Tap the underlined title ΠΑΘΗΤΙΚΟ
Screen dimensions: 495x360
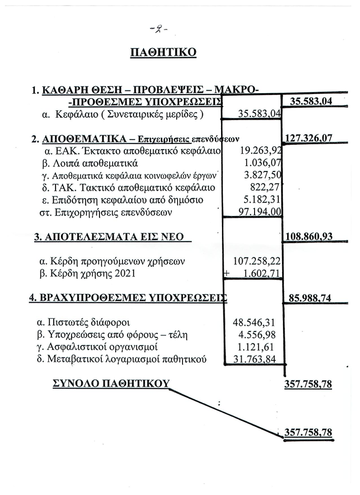click(x=163, y=53)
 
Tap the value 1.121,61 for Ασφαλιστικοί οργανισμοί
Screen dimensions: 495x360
click(x=260, y=347)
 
